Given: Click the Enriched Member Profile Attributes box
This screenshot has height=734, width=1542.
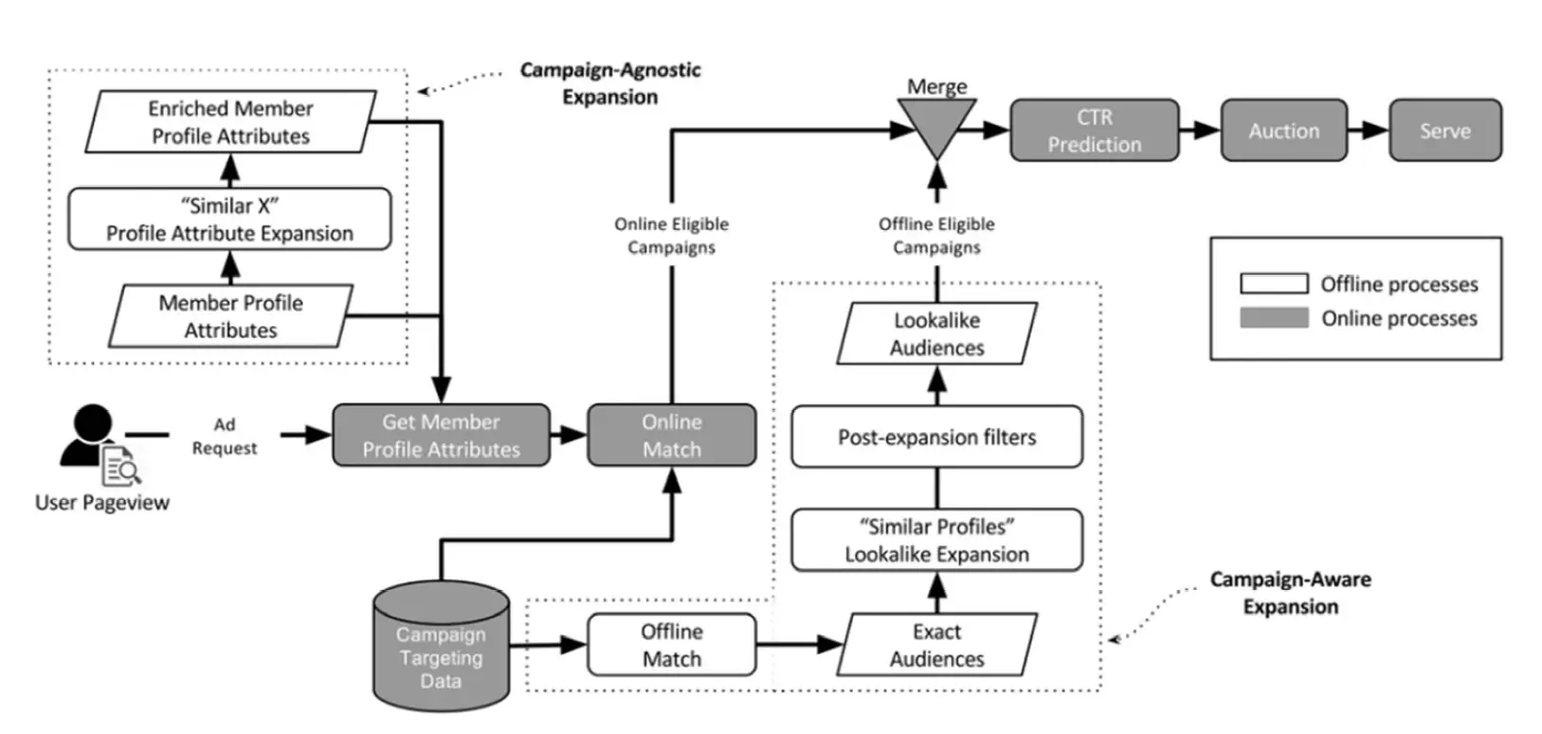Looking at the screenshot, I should [x=230, y=122].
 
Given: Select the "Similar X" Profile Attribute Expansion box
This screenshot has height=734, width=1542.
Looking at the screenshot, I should [x=229, y=220].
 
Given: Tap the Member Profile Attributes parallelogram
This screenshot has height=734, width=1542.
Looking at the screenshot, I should [x=230, y=316].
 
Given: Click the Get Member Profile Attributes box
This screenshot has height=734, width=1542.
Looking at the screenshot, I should [x=441, y=436].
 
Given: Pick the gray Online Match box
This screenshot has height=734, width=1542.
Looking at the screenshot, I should [x=672, y=436].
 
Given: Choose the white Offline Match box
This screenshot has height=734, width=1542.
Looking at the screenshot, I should [x=672, y=645].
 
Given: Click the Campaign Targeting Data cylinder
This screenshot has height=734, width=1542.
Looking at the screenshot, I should [x=442, y=653].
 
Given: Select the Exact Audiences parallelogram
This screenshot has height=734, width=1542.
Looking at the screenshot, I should [x=936, y=645].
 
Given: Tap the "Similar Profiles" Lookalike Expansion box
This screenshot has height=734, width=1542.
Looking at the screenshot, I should [x=936, y=540].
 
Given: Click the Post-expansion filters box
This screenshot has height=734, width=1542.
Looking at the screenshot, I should [x=936, y=437].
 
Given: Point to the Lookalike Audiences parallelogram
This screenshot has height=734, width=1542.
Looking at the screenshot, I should [x=936, y=333].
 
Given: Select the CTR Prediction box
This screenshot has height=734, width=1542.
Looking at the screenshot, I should [x=1095, y=131].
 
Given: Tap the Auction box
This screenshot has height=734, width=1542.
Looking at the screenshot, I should [x=1284, y=131].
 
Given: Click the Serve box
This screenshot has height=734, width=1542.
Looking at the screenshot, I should [x=1445, y=131].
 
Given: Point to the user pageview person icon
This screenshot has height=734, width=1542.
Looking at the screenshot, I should [x=92, y=439].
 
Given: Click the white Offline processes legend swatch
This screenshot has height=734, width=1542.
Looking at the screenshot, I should [x=1274, y=283].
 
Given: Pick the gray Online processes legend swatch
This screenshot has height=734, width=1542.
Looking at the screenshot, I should [x=1274, y=317].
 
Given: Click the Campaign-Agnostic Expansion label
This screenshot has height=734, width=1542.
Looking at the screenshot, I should [x=610, y=83].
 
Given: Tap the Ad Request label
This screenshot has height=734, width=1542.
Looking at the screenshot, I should [x=225, y=437].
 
